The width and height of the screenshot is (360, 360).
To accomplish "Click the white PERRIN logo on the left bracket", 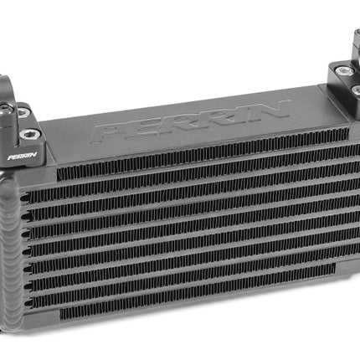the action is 23,156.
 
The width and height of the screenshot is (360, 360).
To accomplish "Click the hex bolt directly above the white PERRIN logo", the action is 28,135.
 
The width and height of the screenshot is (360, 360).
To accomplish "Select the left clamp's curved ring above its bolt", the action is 5,88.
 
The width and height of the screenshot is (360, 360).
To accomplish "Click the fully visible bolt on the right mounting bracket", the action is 342,71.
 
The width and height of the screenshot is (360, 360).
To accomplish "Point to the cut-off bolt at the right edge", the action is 356,90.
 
